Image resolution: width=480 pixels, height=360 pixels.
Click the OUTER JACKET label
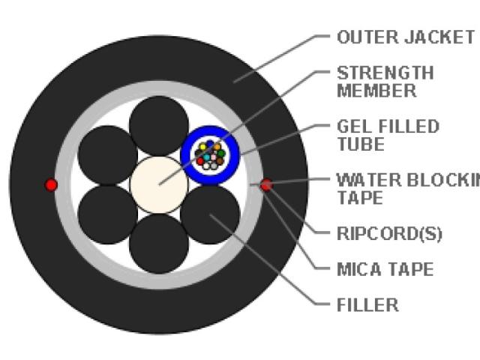(405, 37)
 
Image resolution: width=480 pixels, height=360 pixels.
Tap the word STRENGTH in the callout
(385, 73)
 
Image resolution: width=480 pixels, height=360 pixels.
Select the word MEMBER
(376, 91)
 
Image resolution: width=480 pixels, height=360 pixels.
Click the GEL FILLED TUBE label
(387, 134)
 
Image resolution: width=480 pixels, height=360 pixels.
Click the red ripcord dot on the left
(51, 184)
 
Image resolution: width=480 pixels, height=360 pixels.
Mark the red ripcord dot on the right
(265, 184)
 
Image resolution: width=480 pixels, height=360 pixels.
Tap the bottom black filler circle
(158, 244)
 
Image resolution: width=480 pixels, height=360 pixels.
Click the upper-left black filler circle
(107, 154)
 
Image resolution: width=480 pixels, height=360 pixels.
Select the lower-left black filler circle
(107, 214)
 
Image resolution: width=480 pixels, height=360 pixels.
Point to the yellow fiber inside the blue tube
(202, 147)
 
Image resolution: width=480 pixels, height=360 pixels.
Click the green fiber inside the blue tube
(221, 153)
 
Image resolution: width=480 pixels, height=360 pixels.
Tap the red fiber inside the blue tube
(200, 160)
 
